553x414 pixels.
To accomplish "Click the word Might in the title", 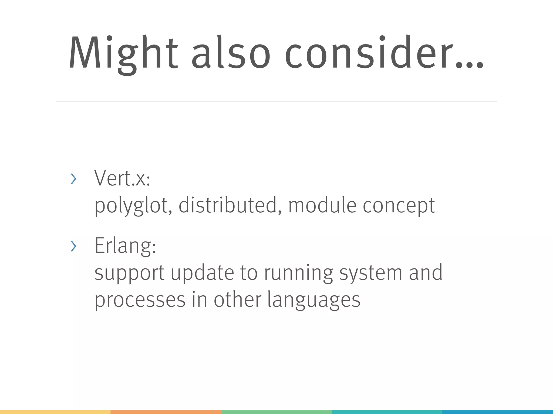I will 123,53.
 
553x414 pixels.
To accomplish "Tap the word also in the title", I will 231,53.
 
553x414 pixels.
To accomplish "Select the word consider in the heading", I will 369,53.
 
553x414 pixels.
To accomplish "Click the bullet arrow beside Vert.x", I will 73,179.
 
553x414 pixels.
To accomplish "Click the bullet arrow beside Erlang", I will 73,246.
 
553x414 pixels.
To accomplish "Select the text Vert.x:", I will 122,178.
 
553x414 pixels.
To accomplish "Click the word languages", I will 314,300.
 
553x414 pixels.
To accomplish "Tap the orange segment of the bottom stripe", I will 166,412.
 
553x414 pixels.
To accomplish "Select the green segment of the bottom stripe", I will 276,412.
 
